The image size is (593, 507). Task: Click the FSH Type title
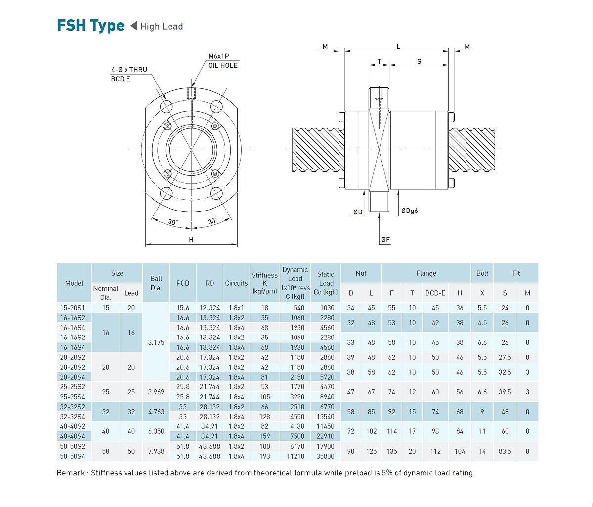pos(90,26)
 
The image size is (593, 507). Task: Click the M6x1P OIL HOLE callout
pos(222,61)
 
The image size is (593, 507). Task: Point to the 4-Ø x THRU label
pos(129,70)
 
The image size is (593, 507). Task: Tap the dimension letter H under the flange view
pos(191,240)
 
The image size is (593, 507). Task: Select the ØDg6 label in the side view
pos(409,211)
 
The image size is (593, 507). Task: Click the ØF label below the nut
pos(385,240)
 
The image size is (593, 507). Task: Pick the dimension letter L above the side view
pos(398,47)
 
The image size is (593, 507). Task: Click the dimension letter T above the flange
pos(379,62)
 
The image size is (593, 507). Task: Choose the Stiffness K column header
pos(264,283)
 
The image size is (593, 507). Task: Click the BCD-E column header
pos(435,293)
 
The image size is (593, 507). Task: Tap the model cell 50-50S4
pos(73,456)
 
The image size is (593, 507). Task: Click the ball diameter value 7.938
pos(156,451)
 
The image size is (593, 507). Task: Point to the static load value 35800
pos(325,456)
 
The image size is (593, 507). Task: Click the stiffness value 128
pos(265,417)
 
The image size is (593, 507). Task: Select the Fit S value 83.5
pos(505,451)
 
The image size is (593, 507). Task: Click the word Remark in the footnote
pos(71,473)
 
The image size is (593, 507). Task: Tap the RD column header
pos(210,283)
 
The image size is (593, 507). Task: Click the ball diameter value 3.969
pos(156,392)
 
